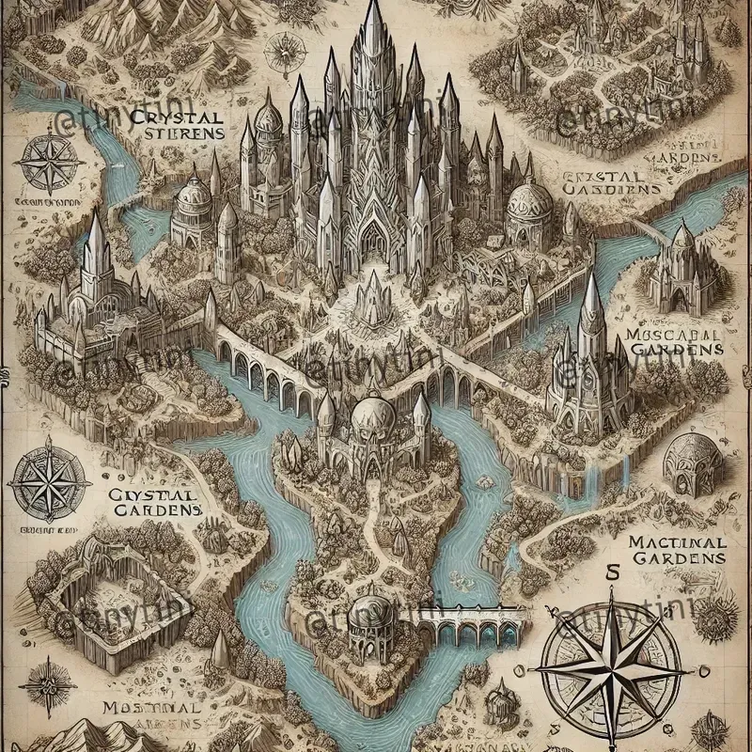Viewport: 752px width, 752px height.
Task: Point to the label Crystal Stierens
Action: point(181,125)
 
